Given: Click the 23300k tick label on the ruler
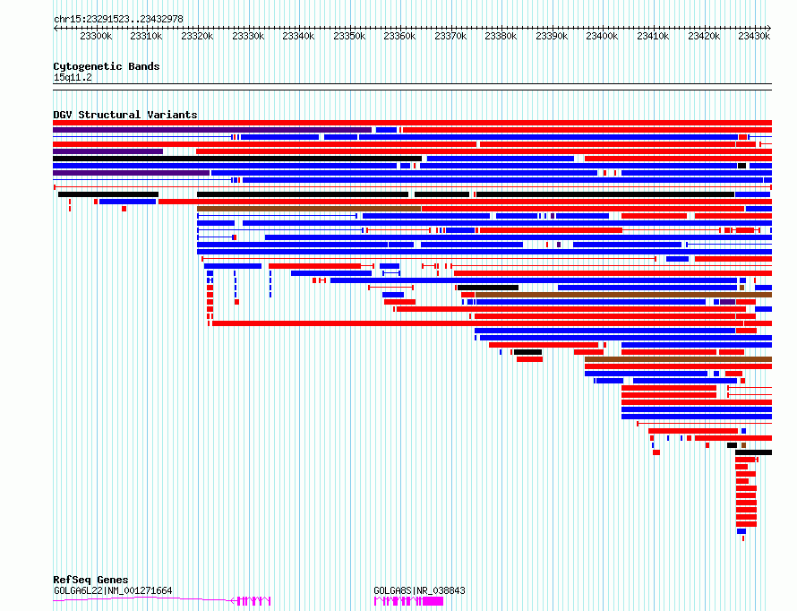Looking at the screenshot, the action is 96,36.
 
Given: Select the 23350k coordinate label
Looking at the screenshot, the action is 349,36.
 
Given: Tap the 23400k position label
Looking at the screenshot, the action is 603,36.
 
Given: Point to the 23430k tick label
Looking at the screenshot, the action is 754,36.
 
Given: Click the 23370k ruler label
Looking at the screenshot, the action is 450,36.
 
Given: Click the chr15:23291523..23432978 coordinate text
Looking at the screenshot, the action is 118,19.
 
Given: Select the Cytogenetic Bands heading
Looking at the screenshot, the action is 107,66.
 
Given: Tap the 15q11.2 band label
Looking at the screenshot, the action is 73,77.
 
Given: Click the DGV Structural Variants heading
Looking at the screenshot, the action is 125,115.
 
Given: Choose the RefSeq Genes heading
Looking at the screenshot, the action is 90,580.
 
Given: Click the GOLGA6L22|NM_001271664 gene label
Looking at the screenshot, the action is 113,590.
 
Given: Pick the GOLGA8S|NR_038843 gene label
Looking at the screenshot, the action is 419,590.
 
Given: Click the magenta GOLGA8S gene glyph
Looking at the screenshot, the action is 408,601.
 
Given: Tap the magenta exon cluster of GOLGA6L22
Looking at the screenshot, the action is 251,601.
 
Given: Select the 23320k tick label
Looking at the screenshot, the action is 197,36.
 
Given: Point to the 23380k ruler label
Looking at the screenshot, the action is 501,36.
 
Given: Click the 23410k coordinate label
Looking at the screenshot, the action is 653,36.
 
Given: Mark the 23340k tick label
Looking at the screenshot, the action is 298,36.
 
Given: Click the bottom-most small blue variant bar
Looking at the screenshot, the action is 741,531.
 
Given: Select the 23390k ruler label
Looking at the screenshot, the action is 552,36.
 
